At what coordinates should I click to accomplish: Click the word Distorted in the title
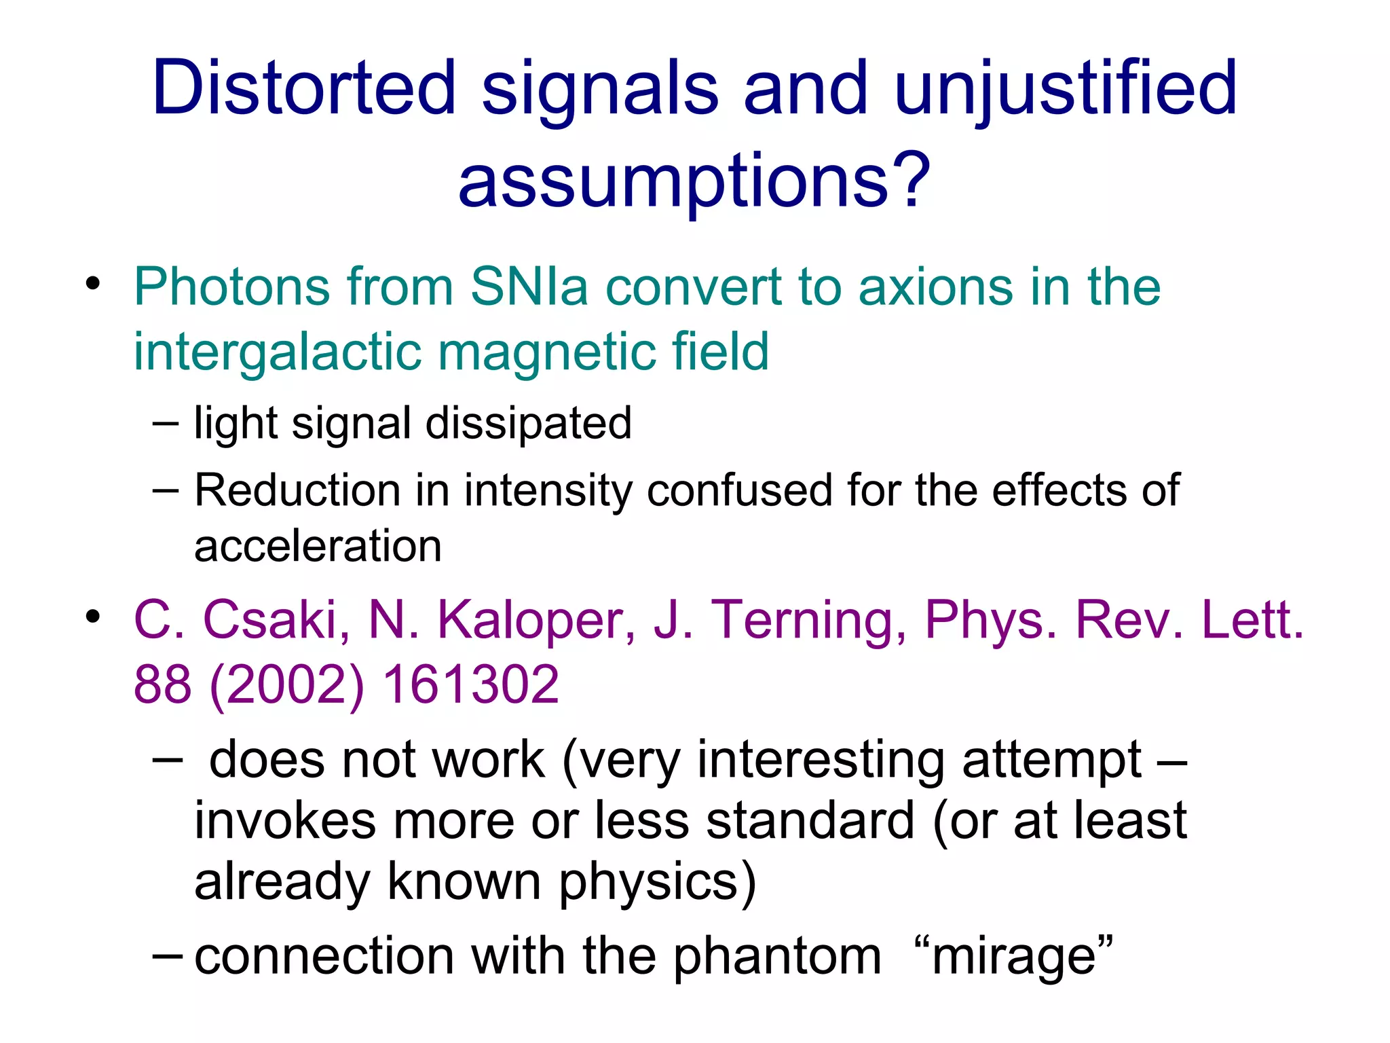303,88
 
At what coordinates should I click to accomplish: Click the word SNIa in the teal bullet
528,287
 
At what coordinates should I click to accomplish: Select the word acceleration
318,546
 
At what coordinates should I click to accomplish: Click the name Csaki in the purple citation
276,619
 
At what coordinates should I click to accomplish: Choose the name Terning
808,621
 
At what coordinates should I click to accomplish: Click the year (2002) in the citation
288,684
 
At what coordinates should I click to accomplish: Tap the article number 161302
471,684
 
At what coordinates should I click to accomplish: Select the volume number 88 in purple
163,684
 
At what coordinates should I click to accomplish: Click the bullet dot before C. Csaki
93,617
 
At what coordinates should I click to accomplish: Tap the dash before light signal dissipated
166,424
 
